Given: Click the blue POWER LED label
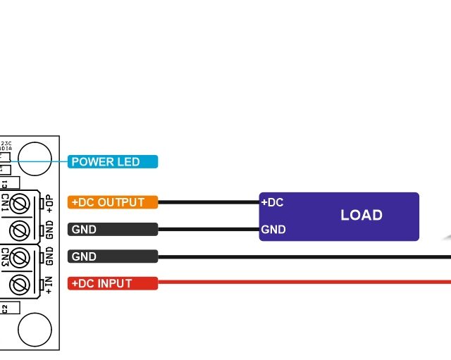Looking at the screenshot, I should pos(113,162).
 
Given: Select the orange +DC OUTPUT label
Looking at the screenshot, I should pos(113,202).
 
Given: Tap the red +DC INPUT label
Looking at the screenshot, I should pos(113,283).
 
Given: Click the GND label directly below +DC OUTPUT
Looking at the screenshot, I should pos(113,229).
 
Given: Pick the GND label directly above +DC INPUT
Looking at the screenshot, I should pos(113,256).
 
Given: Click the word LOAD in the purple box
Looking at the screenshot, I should pos(361,216).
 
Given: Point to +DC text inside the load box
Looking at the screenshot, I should pos(272,203).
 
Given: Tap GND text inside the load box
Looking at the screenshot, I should pos(273,230).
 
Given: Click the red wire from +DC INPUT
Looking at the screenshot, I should pos(303,283).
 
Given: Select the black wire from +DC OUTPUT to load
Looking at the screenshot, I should pos(208,202).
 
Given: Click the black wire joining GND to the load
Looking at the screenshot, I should pos(208,229).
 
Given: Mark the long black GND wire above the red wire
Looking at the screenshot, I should pos(303,256).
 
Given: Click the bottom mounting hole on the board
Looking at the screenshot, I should pos(35,328).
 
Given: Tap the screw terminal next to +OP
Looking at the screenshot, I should pos(21,204).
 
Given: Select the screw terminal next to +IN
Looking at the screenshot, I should pos(21,285).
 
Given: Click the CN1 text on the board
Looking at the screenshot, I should pos(5,202).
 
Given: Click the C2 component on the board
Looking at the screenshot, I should pos(5,308).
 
